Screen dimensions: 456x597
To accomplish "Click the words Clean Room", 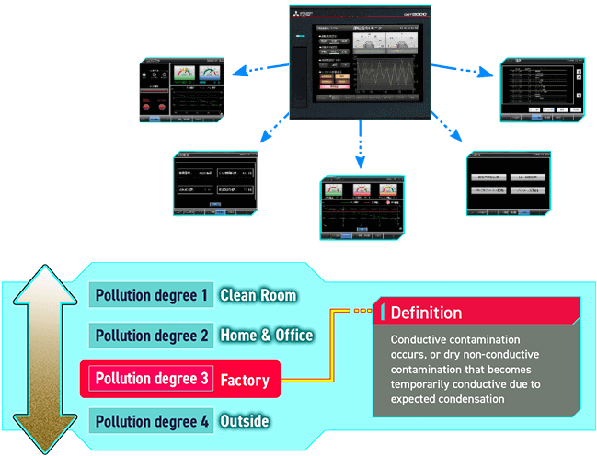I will coord(258,295).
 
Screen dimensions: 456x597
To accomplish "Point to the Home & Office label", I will coord(266,336).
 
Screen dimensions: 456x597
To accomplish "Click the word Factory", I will coord(245,379).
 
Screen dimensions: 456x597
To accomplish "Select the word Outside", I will coord(245,421).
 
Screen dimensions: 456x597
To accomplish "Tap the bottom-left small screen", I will coord(213,177).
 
